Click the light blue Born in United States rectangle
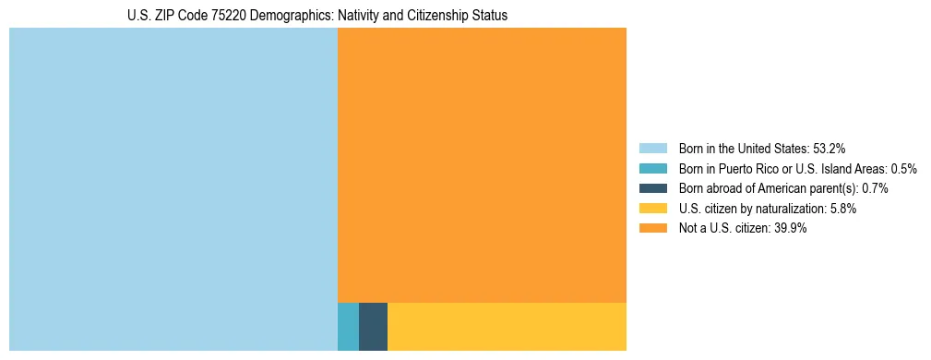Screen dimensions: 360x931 coord(173,189)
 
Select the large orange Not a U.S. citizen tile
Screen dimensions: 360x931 coord(482,164)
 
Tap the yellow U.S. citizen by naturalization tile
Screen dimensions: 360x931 coord(507,327)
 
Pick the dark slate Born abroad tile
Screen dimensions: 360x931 coord(373,327)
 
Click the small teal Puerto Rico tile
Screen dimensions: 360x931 coord(348,327)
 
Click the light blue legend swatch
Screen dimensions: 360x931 coord(652,148)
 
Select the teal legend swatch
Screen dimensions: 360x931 coord(652,168)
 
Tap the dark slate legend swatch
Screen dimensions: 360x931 coord(652,188)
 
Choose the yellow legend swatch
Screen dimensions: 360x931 coord(652,209)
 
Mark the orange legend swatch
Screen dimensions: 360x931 coord(652,229)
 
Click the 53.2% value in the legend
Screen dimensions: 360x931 coord(829,148)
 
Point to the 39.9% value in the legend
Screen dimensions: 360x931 coord(790,229)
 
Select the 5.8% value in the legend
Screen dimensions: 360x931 coord(841,209)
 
